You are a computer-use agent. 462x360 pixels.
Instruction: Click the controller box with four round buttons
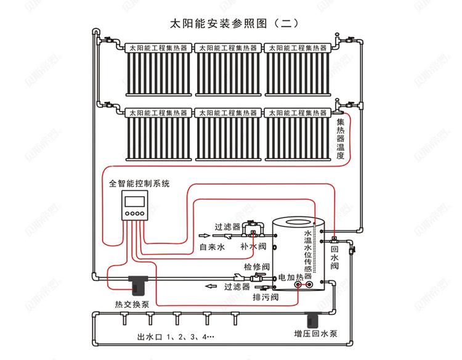136,206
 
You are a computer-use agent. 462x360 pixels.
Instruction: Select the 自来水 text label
213,247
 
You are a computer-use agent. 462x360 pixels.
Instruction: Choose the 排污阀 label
265,297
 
